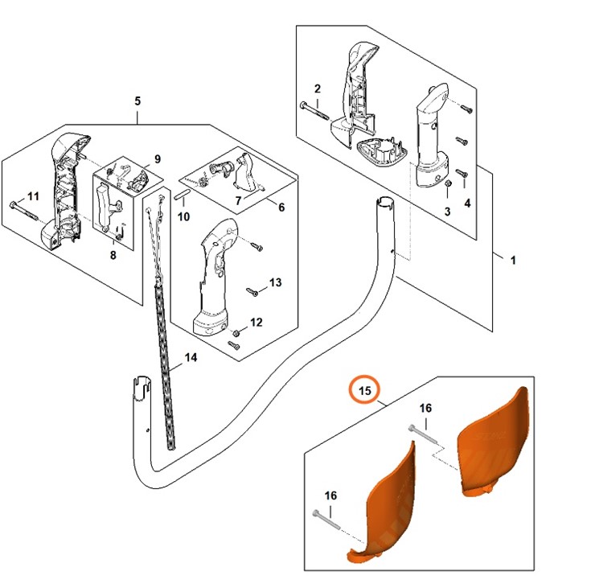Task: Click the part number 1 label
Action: click(x=513, y=260)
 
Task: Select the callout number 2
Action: click(x=318, y=88)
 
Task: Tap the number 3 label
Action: click(x=448, y=212)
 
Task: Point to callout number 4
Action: click(x=467, y=203)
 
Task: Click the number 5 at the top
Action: click(x=137, y=101)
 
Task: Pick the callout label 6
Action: click(x=281, y=207)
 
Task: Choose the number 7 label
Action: click(x=238, y=199)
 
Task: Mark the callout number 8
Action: click(x=113, y=255)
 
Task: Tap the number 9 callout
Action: click(x=158, y=158)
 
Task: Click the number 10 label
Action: click(x=184, y=216)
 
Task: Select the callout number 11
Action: click(x=33, y=196)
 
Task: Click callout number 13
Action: click(x=275, y=282)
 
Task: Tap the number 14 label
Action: click(x=190, y=358)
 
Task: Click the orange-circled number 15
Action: click(x=365, y=391)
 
